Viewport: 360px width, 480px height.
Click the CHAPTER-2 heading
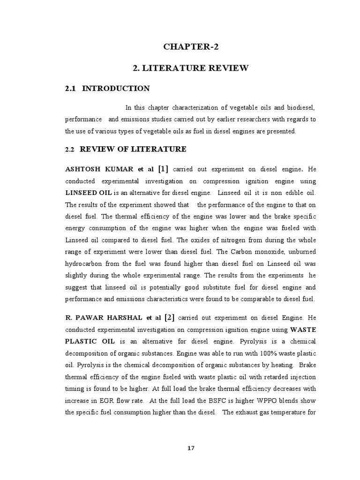pyautogui.click(x=191, y=46)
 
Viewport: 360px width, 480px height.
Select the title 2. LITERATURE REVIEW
pyautogui.click(x=191, y=68)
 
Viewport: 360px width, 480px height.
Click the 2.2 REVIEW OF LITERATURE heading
pyautogui.click(x=126, y=150)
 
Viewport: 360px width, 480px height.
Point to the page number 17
pyautogui.click(x=190, y=448)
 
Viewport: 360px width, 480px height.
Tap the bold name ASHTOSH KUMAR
pyautogui.click(x=97, y=169)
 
